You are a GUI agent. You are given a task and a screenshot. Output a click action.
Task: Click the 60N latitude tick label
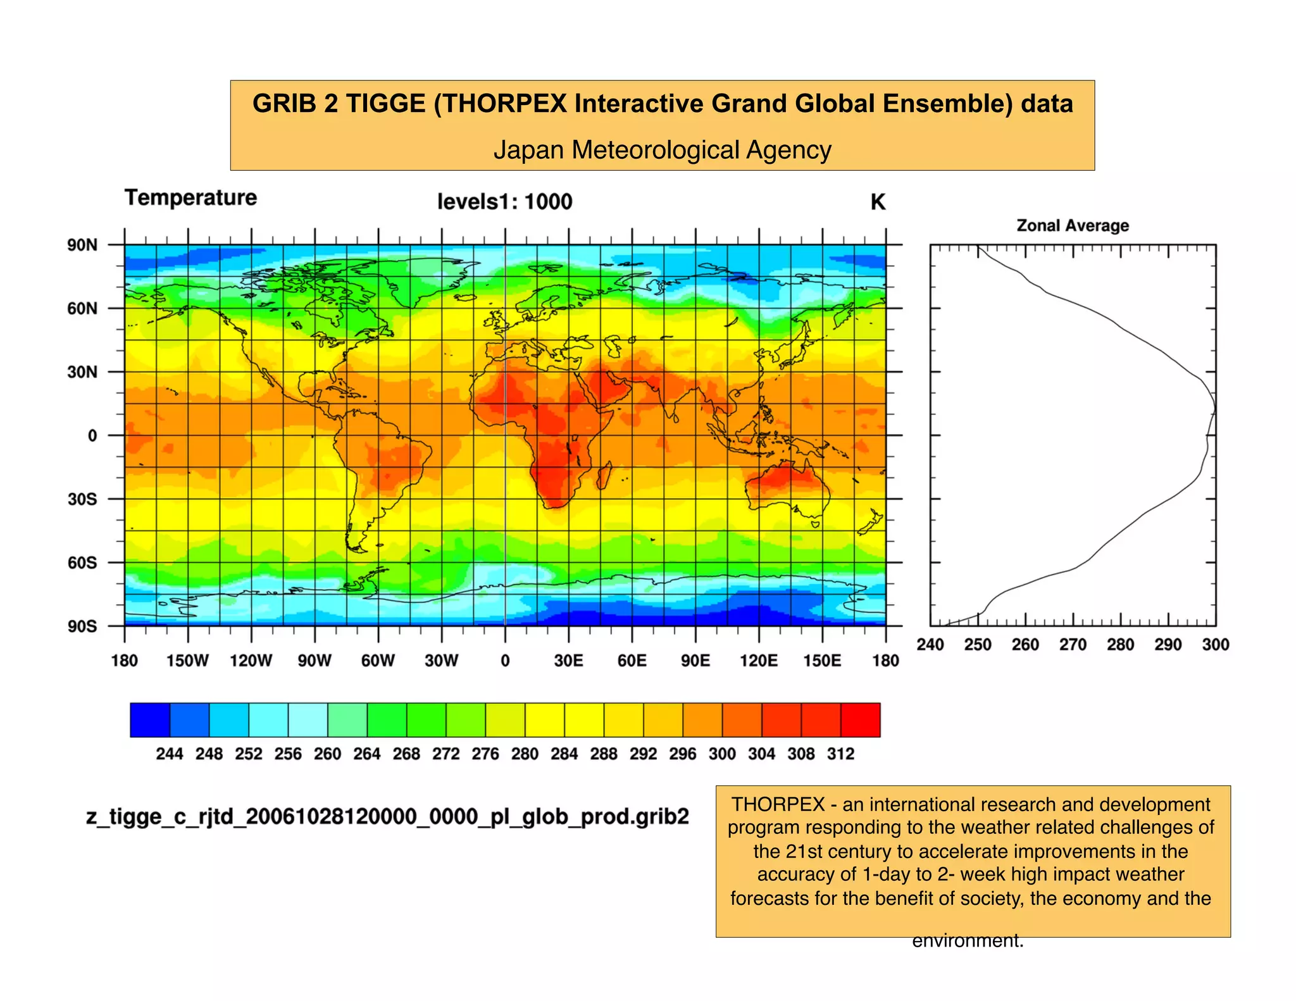(x=82, y=309)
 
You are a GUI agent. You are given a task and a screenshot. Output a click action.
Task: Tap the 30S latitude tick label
(x=82, y=499)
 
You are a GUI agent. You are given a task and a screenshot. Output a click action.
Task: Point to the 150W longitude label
(x=187, y=661)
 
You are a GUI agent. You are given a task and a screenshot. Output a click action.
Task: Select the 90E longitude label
(x=695, y=661)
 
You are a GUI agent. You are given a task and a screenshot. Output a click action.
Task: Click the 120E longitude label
(x=759, y=661)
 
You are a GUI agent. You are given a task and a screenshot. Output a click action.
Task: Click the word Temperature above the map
(x=190, y=198)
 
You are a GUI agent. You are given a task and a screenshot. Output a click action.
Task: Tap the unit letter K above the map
(x=878, y=202)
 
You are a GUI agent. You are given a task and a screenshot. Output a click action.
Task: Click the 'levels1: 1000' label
(x=504, y=202)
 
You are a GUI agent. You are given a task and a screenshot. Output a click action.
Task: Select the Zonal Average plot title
(x=1073, y=226)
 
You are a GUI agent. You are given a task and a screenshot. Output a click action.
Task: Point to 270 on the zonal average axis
(x=1073, y=645)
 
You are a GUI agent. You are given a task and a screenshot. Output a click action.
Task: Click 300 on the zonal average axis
(x=1215, y=645)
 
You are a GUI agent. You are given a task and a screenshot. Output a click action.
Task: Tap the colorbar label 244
(x=170, y=754)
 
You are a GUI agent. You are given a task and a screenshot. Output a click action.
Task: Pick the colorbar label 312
(x=840, y=754)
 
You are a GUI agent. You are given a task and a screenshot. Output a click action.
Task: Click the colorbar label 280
(x=525, y=754)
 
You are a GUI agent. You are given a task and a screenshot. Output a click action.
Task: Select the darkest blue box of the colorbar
(x=150, y=720)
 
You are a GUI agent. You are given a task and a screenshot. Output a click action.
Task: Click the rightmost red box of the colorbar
(x=861, y=720)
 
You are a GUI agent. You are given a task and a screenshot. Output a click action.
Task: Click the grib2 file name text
(x=387, y=817)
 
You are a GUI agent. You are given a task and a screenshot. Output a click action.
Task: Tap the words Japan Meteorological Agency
(x=662, y=151)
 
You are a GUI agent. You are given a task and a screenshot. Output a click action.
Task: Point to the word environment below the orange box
(x=967, y=941)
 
